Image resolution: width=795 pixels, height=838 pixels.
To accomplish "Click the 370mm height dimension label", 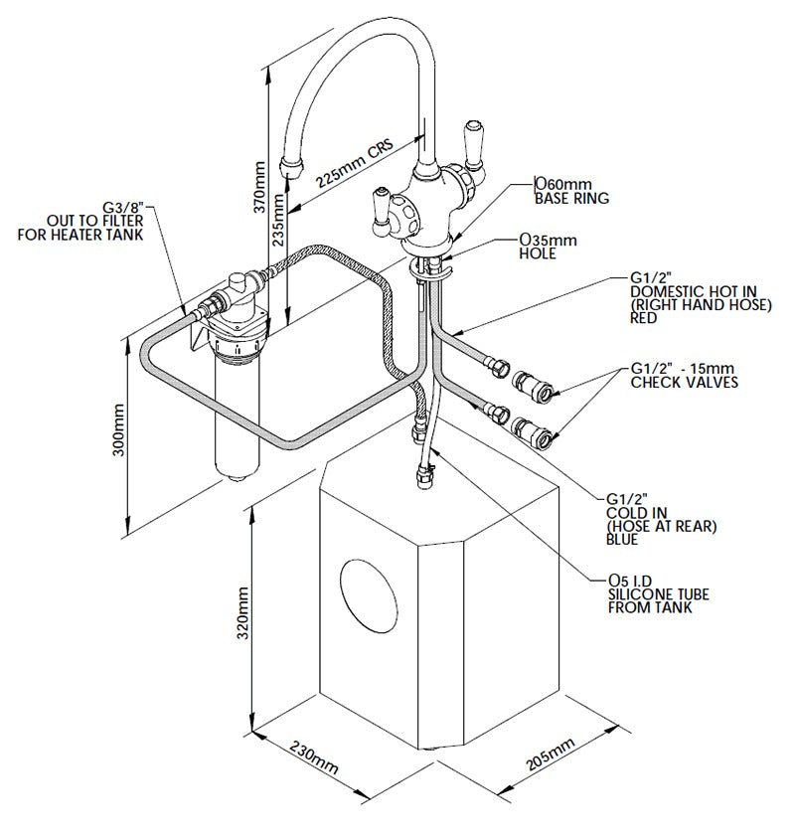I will pos(260,189).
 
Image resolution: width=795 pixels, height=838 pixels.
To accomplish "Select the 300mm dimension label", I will pos(119,428).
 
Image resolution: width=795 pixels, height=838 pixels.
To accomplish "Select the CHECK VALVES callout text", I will pos(684,382).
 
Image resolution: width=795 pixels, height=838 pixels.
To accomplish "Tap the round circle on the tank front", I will pos(369,596).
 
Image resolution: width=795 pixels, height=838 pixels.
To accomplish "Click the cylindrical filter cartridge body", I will pos(237,418).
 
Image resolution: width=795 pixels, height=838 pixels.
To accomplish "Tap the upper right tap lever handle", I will pos(471,140).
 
